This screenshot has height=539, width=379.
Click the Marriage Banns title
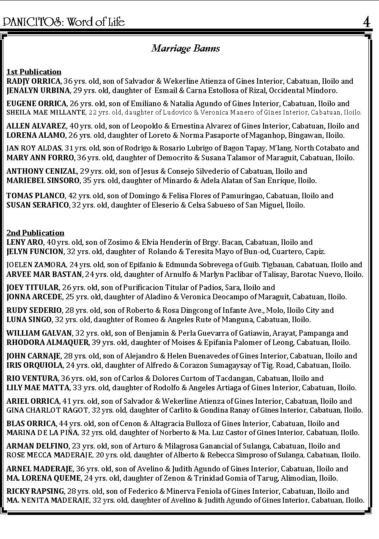point(186,48)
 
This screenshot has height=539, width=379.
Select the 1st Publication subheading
point(34,72)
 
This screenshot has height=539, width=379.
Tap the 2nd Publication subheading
point(36,233)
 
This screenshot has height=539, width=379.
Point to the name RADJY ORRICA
point(34,81)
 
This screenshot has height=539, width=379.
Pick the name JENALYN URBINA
point(38,90)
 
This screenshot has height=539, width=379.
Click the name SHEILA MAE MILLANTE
point(46,113)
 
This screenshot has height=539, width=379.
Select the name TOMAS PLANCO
point(36,196)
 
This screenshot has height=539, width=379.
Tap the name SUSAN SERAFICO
point(37,205)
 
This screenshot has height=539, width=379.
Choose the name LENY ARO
point(25,242)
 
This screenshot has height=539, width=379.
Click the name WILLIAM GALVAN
point(39,333)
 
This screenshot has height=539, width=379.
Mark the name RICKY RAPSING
point(36,491)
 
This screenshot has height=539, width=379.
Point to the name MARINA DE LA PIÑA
point(42,432)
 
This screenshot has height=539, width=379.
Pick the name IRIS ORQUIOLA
point(35,365)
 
